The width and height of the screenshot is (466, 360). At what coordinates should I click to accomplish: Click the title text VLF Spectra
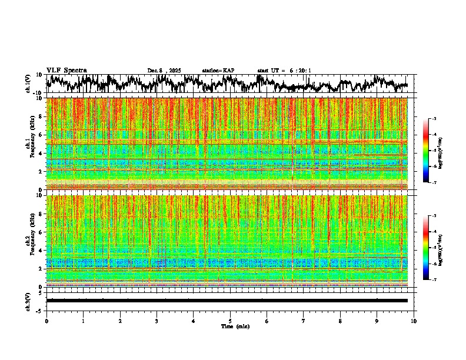point(66,70)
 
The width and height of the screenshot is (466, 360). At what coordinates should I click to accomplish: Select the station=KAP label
point(218,71)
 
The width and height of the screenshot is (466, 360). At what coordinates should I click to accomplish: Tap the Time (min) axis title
point(235,326)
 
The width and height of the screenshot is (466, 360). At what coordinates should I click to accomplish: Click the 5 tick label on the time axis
point(230,321)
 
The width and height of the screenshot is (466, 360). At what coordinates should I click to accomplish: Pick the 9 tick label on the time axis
point(377,321)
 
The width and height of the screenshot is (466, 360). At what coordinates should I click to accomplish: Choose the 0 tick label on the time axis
point(46,321)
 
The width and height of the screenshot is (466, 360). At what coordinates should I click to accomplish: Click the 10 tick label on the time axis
point(414,321)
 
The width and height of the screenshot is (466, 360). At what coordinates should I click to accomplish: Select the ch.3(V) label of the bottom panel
point(28,301)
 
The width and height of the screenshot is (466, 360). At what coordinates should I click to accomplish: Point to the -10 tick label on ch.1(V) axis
point(38,93)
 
